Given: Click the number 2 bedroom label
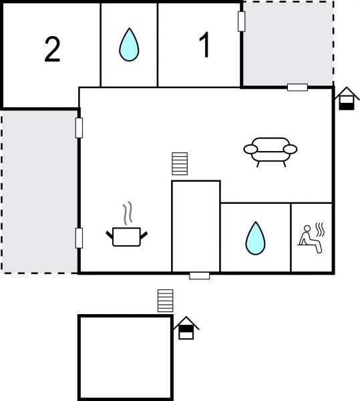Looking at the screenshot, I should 52,50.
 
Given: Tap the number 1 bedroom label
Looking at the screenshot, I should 205,46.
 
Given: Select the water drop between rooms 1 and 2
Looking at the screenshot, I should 129,46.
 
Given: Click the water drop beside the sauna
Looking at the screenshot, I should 255,238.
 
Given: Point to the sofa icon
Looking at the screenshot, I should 270,150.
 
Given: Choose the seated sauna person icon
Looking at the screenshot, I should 311,239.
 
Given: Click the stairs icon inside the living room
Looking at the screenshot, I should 180,164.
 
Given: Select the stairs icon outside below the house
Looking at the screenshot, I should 165,301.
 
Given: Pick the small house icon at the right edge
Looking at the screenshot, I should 347,99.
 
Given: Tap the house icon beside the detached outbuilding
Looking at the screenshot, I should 186,328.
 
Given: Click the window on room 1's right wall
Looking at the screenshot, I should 241,21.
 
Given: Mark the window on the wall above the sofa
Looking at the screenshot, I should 297,87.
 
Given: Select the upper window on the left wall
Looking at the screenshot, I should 79,127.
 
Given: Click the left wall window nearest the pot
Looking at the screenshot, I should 79,237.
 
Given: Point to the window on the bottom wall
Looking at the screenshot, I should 199,275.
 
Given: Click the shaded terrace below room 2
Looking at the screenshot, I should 39,190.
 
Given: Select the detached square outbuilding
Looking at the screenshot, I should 126,357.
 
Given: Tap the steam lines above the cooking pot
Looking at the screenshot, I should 128,214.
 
